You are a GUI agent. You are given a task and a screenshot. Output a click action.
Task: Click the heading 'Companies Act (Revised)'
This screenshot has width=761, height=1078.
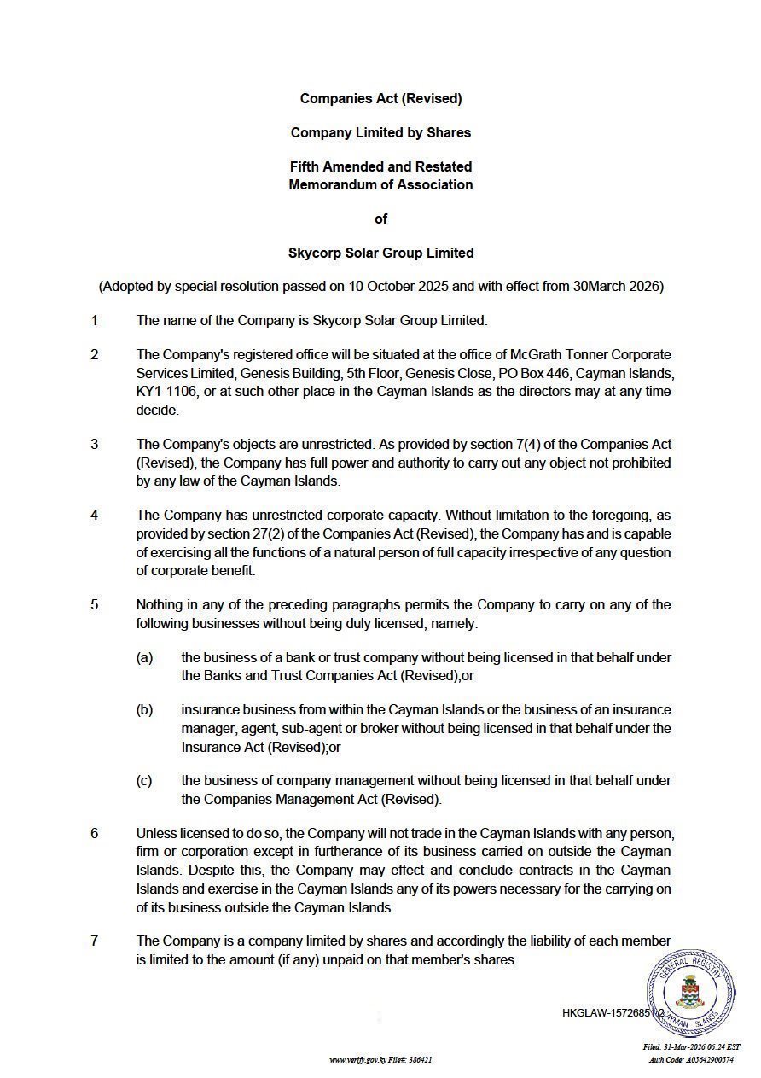(380, 98)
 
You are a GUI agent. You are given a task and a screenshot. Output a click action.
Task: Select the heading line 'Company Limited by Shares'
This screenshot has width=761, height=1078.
(380, 132)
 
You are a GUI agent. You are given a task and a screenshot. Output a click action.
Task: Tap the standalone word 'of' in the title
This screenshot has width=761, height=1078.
(380, 219)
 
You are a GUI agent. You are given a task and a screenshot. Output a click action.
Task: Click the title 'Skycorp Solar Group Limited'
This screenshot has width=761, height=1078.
(380, 253)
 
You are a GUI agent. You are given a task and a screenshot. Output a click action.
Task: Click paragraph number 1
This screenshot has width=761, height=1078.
(95, 321)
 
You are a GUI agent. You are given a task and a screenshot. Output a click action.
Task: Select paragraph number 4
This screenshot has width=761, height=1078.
(95, 516)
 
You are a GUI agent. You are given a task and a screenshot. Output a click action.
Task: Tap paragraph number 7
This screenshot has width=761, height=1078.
(95, 941)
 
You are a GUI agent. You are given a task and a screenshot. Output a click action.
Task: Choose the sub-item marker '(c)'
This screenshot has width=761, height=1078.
(144, 781)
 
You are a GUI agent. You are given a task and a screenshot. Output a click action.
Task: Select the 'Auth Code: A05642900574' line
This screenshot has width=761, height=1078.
(691, 1059)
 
